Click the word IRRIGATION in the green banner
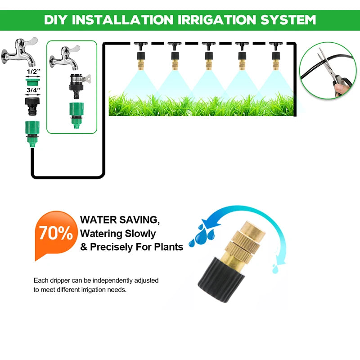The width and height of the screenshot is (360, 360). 217,20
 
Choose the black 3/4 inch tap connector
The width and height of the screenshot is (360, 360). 32,106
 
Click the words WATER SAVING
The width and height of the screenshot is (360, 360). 120,220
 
